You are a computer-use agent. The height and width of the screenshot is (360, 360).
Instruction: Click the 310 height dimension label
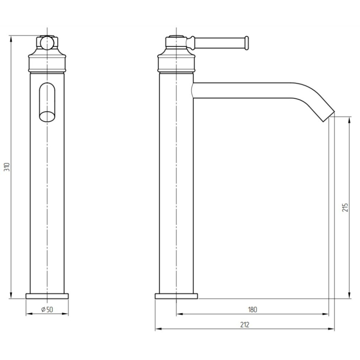[x=7, y=167]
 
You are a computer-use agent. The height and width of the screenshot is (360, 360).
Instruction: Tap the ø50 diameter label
[x=47, y=309]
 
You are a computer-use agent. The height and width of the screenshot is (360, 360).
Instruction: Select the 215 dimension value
[x=345, y=207]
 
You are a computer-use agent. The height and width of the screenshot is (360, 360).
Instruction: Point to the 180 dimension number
[x=252, y=309]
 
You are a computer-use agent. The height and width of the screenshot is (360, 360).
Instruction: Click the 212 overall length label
[x=245, y=325]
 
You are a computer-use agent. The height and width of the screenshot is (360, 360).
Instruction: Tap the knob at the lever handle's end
[x=246, y=43]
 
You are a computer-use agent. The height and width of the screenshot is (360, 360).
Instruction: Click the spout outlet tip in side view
[x=329, y=116]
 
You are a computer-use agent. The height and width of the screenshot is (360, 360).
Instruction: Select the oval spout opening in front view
[x=47, y=102]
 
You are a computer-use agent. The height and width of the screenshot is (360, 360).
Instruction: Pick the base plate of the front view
[x=47, y=296]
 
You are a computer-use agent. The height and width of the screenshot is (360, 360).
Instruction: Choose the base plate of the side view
[x=176, y=296]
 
